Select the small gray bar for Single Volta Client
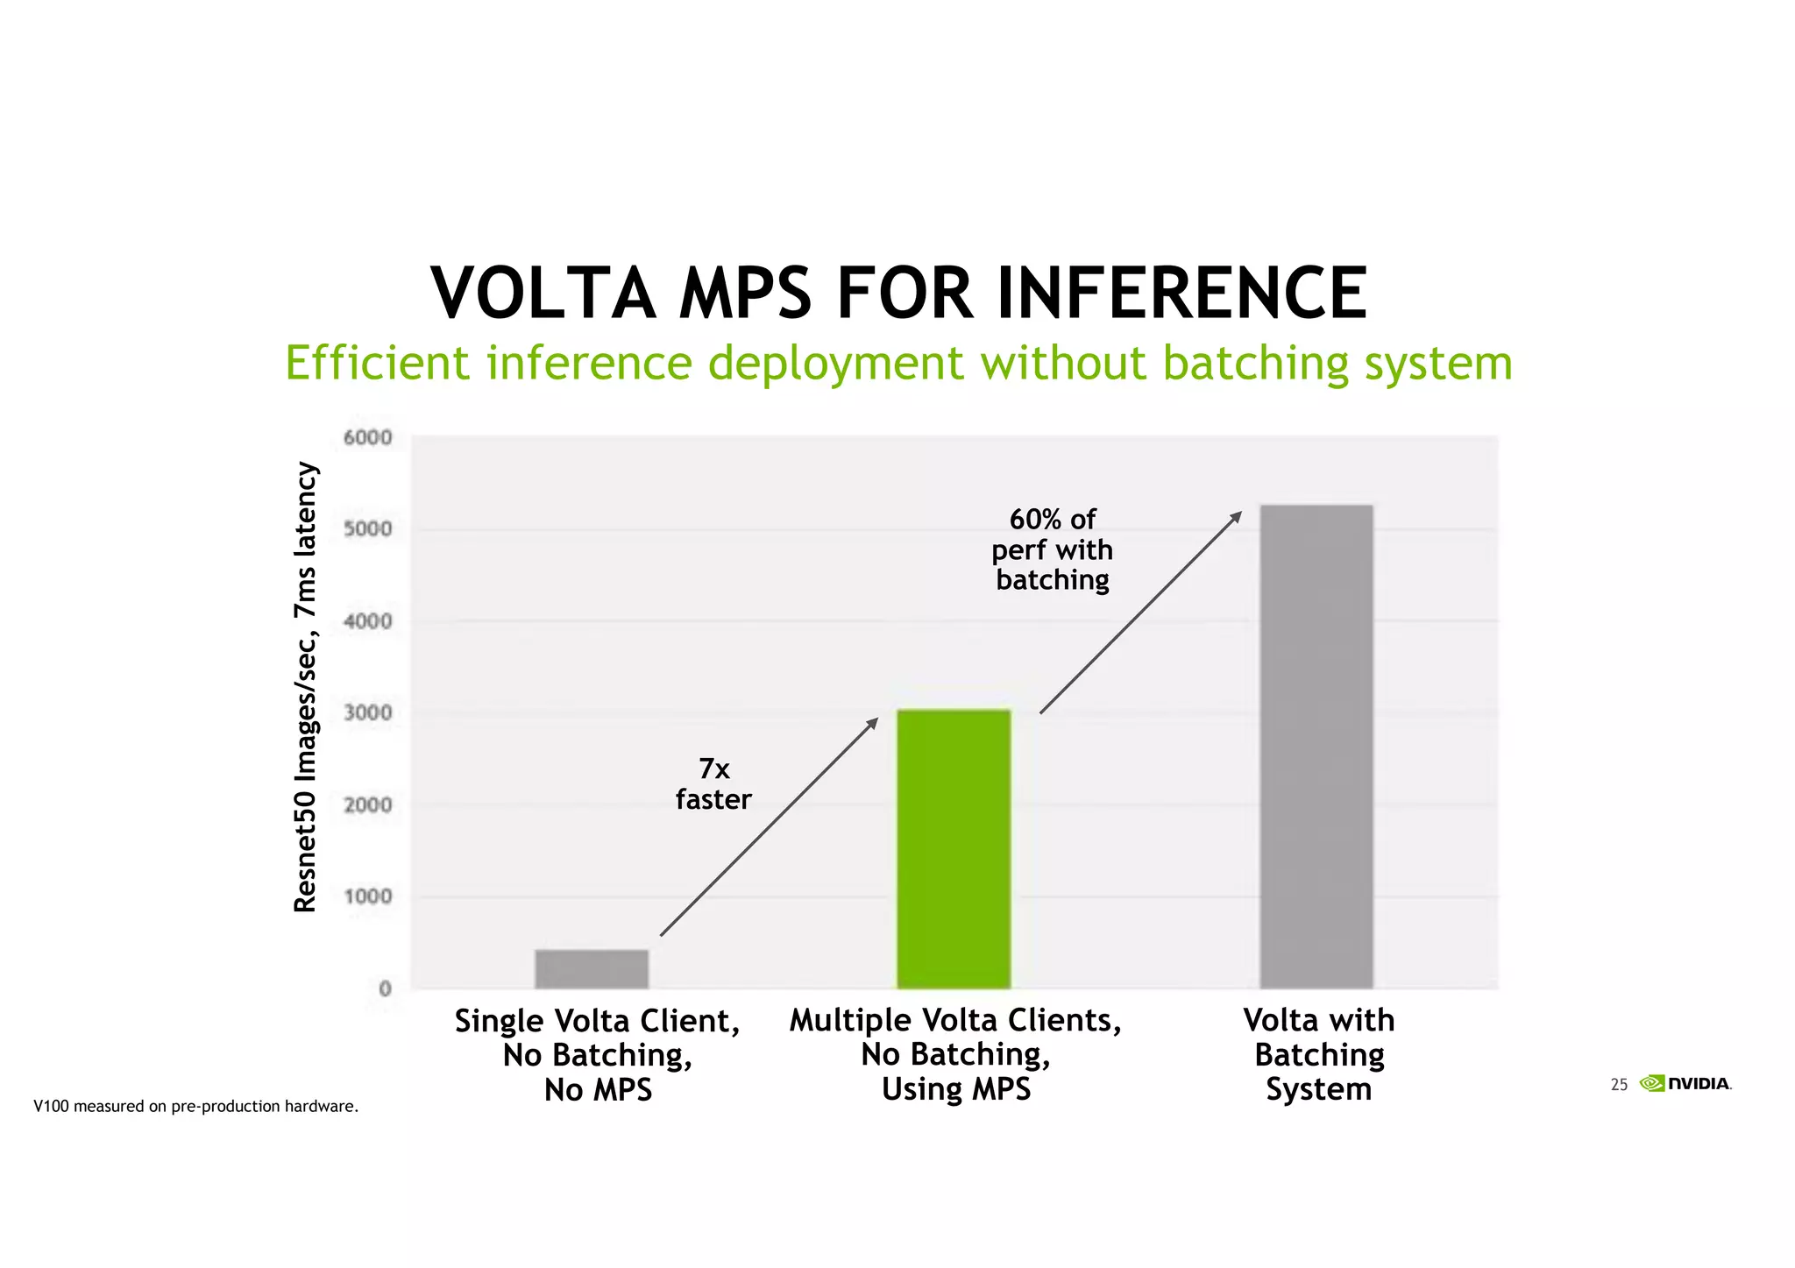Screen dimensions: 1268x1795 tap(592, 969)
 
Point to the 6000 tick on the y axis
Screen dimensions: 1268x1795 tap(368, 437)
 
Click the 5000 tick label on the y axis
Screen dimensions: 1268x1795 tap(368, 529)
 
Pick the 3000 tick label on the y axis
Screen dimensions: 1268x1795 tap(368, 712)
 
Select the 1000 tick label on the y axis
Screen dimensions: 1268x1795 tap(368, 896)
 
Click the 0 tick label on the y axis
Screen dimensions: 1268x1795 tap(385, 988)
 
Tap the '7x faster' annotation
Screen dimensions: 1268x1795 tap(713, 784)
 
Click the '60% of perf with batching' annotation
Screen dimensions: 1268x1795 tap(1053, 549)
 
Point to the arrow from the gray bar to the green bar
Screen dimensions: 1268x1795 tap(769, 827)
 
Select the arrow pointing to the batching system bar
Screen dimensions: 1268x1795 tap(1140, 613)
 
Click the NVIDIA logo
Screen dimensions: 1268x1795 tap(1685, 1083)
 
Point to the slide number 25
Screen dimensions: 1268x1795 tap(1619, 1085)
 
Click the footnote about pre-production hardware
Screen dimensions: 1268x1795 tap(195, 1106)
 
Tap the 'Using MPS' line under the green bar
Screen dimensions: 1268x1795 tap(955, 1089)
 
